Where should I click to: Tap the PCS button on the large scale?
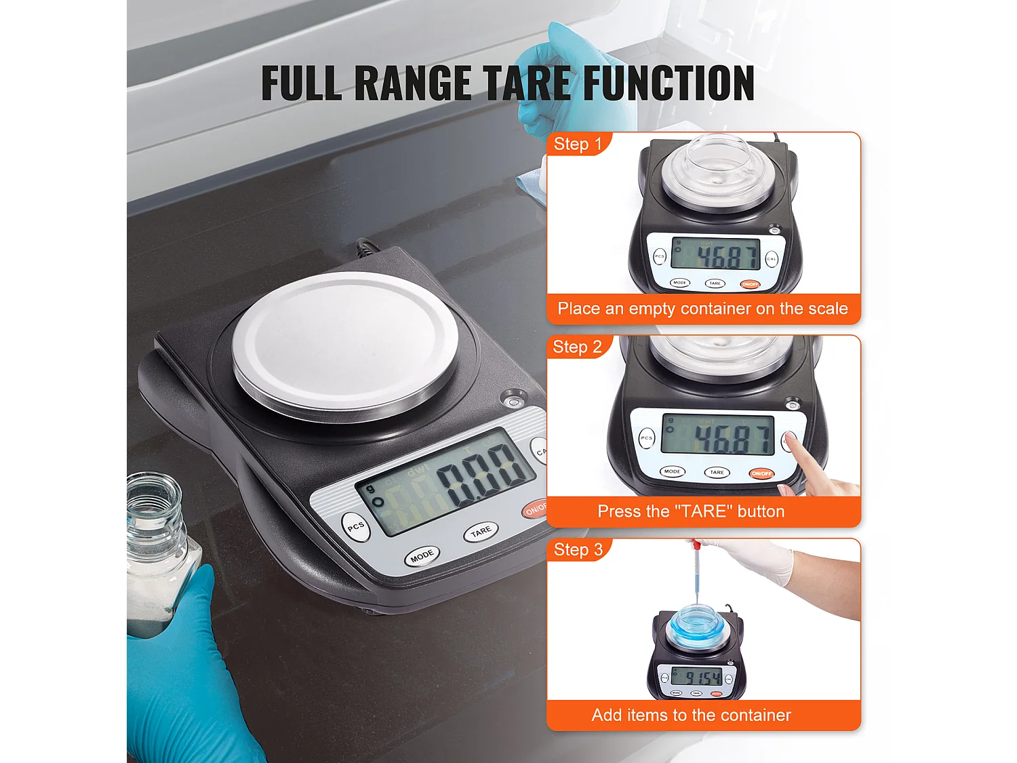point(356,527)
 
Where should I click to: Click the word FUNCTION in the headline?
point(669,83)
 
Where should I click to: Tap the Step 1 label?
point(578,144)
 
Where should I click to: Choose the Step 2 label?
point(578,347)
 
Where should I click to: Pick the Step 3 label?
point(578,550)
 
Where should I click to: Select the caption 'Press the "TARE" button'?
point(691,511)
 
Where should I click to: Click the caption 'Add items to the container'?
point(691,715)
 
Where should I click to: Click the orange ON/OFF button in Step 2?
point(761,473)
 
